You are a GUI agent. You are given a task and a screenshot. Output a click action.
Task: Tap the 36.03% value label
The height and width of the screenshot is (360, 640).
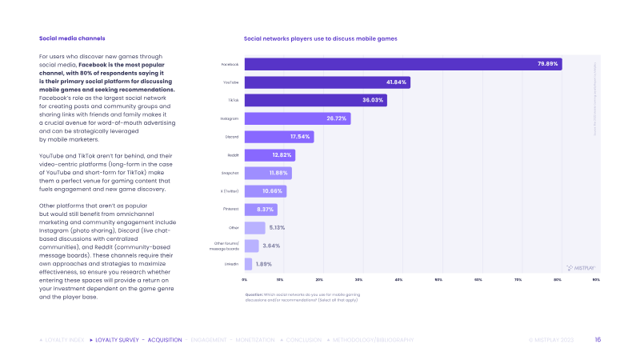pyautogui.click(x=374, y=100)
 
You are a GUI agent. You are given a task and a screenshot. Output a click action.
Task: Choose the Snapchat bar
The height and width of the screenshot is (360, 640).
pyautogui.click(x=267, y=173)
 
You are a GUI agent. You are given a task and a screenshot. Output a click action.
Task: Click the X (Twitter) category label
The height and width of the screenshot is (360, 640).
pyautogui.click(x=229, y=191)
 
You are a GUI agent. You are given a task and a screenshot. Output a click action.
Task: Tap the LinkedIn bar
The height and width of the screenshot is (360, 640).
pyautogui.click(x=248, y=264)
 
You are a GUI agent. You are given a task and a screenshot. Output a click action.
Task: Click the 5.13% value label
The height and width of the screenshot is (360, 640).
pyautogui.click(x=277, y=227)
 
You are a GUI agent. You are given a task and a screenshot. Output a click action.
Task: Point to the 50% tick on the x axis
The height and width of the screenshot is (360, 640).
pyautogui.click(x=438, y=280)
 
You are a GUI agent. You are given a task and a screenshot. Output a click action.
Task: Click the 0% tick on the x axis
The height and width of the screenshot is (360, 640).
pyautogui.click(x=245, y=280)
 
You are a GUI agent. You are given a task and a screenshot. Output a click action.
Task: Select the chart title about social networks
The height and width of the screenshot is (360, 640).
pyautogui.click(x=320, y=38)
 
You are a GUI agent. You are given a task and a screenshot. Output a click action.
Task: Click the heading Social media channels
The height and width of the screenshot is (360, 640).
pyautogui.click(x=72, y=38)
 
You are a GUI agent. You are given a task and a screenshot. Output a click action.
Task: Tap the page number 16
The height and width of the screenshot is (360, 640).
pyautogui.click(x=598, y=340)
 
